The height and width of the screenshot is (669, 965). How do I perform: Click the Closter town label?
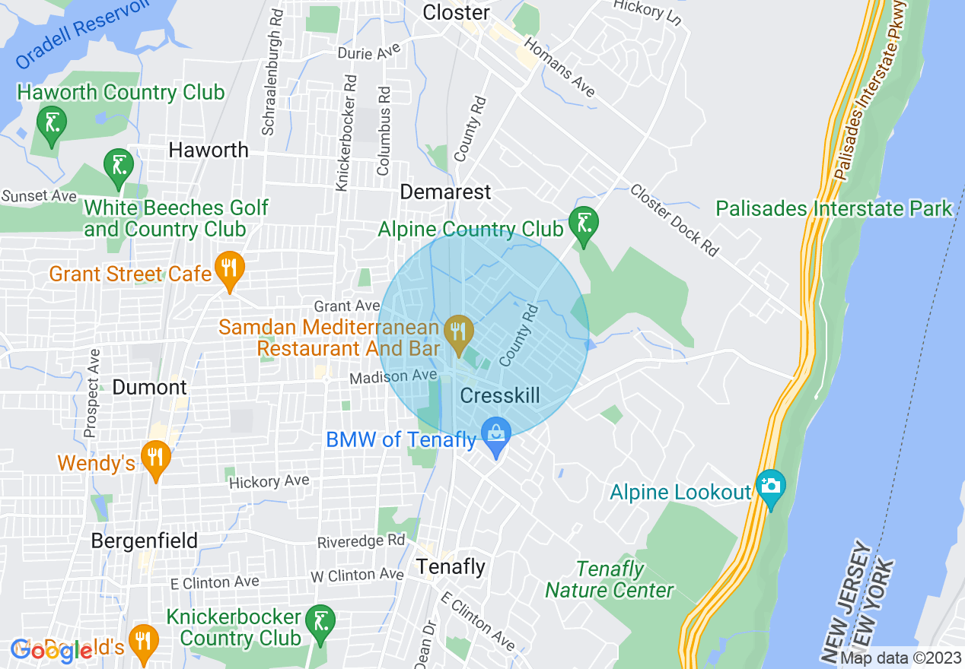click(x=456, y=13)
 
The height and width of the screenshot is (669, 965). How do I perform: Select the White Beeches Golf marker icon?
click(x=119, y=166)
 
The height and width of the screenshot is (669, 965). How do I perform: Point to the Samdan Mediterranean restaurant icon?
click(x=459, y=333)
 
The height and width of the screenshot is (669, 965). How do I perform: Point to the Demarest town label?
click(x=446, y=192)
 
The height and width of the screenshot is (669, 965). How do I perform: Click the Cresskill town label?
click(x=500, y=395)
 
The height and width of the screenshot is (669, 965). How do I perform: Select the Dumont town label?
click(x=149, y=387)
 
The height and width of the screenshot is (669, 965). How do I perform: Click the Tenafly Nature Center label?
click(x=610, y=579)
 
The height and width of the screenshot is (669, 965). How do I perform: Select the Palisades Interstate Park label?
click(x=834, y=208)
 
